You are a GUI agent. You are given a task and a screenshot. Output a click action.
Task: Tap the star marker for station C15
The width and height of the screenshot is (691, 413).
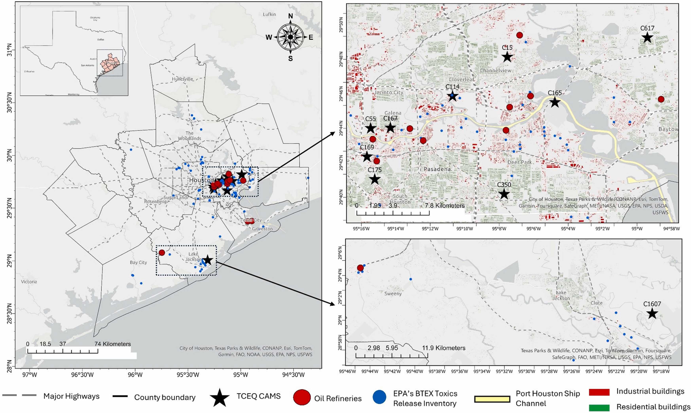click(507, 57)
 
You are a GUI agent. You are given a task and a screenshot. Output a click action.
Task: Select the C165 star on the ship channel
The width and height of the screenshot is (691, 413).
click(555, 102)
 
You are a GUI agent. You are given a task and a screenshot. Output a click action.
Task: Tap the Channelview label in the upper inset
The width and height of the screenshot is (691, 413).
click(495, 71)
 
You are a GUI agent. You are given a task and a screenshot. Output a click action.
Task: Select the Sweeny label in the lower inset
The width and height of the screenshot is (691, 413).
click(393, 294)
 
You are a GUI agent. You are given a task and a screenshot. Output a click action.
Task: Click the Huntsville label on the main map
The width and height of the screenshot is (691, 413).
click(182, 79)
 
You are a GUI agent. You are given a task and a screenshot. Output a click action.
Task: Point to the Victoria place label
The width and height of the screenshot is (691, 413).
click(29, 282)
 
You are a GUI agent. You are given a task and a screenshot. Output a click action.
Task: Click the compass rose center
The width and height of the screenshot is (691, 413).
click(290, 37)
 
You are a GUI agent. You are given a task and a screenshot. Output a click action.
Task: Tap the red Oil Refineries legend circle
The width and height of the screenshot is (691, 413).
click(302, 397)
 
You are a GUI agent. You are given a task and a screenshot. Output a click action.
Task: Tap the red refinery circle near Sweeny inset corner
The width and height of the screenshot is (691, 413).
click(360, 268)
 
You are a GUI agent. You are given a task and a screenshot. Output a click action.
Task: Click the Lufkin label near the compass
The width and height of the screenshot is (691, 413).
click(269, 14)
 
